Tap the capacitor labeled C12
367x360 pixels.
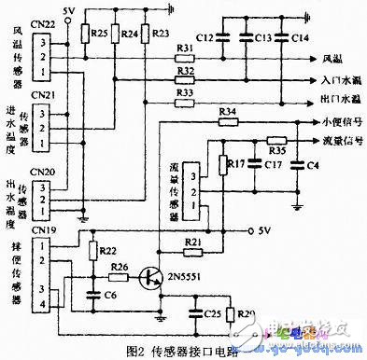tap(223, 36)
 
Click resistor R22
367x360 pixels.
tap(93, 253)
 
